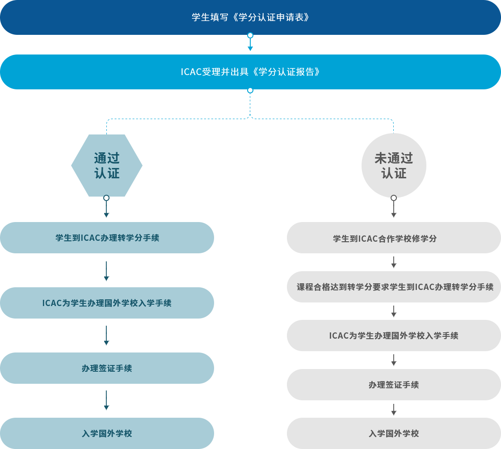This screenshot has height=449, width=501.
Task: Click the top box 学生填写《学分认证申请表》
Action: [250, 17]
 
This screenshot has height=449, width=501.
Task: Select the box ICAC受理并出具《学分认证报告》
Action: [250, 72]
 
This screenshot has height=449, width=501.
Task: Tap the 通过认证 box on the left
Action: [107, 165]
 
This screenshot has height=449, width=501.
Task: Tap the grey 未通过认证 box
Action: [394, 165]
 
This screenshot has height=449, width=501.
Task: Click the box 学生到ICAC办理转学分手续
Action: [107, 238]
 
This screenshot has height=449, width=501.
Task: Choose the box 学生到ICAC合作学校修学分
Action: [394, 238]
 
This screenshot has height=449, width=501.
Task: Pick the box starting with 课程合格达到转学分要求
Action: [394, 287]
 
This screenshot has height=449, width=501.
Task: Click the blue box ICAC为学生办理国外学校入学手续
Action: [107, 303]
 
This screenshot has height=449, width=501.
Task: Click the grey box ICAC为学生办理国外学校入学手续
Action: [394, 336]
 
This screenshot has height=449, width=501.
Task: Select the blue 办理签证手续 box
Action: [107, 368]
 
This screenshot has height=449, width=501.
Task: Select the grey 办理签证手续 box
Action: [394, 385]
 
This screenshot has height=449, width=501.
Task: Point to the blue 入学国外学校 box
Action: [107, 433]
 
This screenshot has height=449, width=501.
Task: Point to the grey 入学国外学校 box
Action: [394, 433]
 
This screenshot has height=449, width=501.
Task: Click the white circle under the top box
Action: [250, 35]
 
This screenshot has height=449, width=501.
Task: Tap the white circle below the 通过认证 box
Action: [106, 198]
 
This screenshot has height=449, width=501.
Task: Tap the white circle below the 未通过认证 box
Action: [394, 198]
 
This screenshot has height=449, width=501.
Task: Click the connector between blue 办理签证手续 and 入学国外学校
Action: [107, 400]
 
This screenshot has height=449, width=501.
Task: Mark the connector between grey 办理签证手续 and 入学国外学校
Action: [394, 410]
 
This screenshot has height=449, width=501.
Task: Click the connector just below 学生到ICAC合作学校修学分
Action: [394, 262]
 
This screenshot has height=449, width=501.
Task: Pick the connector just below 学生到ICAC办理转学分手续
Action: [107, 271]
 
